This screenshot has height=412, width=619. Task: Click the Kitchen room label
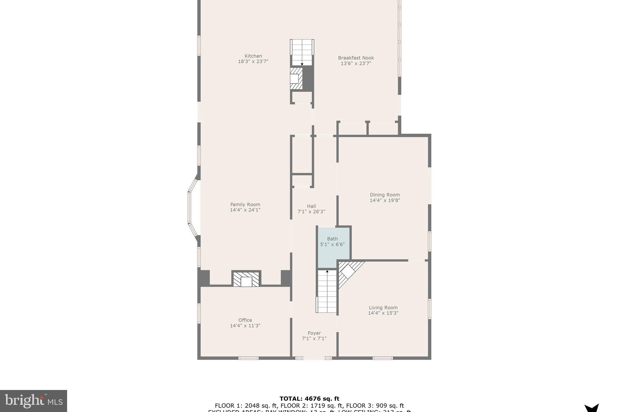(x=253, y=56)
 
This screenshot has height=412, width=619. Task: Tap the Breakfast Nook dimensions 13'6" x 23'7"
(x=356, y=63)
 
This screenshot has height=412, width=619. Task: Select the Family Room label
(x=245, y=204)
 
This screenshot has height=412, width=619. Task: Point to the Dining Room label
(x=385, y=195)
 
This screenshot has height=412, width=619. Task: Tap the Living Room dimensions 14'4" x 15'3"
(x=383, y=313)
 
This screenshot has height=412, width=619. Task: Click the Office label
(x=245, y=320)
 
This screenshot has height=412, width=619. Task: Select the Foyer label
(x=314, y=333)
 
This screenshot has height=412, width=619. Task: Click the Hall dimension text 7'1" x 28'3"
(x=311, y=212)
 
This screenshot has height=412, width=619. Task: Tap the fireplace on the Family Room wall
(x=246, y=279)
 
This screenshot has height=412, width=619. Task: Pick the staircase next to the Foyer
(x=326, y=291)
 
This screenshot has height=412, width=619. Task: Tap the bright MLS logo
(x=34, y=401)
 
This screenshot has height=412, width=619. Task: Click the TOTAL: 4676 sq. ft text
(x=309, y=399)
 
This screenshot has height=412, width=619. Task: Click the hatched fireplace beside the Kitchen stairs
(x=296, y=78)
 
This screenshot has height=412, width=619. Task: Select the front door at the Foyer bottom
(x=314, y=358)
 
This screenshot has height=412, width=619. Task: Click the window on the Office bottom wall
(x=248, y=358)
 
